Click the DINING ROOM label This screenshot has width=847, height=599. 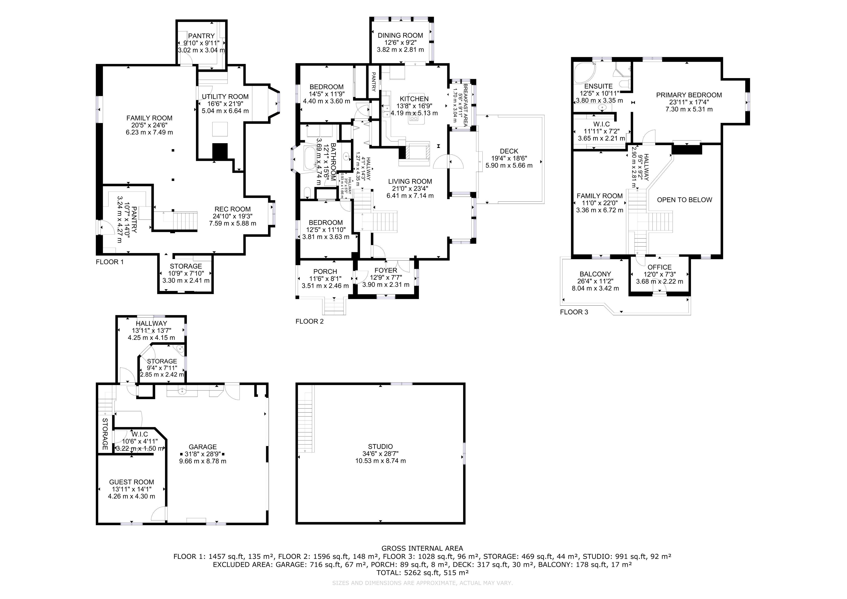(x=400, y=36)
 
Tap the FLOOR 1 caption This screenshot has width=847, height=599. (x=110, y=262)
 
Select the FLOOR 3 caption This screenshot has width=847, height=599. (x=574, y=312)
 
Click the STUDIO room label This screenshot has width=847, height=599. (x=380, y=447)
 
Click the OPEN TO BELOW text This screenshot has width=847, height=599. (x=685, y=200)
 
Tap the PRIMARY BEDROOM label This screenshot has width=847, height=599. (x=689, y=95)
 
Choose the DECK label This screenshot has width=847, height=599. (x=509, y=151)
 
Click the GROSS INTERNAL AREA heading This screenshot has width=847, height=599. (x=422, y=548)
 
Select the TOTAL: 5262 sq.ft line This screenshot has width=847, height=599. (x=422, y=573)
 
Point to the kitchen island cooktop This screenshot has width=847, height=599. (x=414, y=118)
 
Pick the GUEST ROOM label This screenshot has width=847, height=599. (x=132, y=482)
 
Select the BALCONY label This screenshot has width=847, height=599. (x=595, y=274)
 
